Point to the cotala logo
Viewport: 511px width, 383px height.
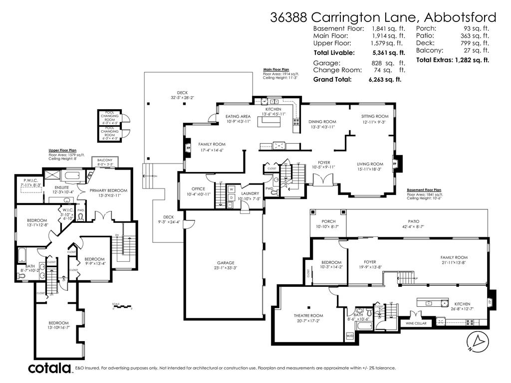tap(49, 369)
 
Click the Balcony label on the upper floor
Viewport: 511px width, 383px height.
tap(105, 160)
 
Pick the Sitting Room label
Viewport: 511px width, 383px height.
tap(375, 116)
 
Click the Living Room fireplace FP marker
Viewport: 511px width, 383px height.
tap(394, 163)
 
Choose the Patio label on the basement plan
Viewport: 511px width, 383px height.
tap(413, 221)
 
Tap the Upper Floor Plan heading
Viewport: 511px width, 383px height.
tap(62, 150)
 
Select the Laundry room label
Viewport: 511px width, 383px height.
tap(250, 193)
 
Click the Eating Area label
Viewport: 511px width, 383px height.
tap(238, 116)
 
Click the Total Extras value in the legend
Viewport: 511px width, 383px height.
tap(472, 60)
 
